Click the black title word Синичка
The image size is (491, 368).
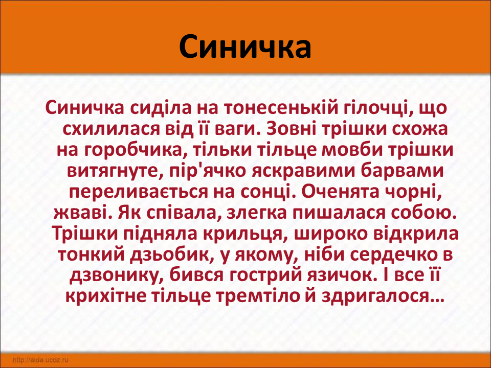pyautogui.click(x=245, y=47)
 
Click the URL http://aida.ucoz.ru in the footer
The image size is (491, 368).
pyautogui.click(x=40, y=360)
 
